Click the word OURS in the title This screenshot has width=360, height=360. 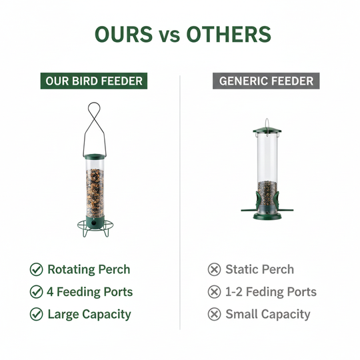pyautogui.click(x=123, y=35)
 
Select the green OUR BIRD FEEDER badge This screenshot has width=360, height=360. pyautogui.click(x=93, y=81)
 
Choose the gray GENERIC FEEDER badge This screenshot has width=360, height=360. pyautogui.click(x=267, y=81)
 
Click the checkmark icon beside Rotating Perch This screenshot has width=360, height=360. pyautogui.click(x=36, y=270)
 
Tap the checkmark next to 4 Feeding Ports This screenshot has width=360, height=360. pyautogui.click(x=36, y=292)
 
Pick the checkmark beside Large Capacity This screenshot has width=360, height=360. pyautogui.click(x=36, y=314)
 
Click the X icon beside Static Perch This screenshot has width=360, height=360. pyautogui.click(x=214, y=270)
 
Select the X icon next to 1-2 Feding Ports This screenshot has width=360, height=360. pyautogui.click(x=214, y=292)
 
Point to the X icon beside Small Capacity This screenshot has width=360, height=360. pyautogui.click(x=214, y=314)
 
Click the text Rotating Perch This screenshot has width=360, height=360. pyautogui.click(x=89, y=270)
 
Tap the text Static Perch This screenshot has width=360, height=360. pyautogui.click(x=259, y=270)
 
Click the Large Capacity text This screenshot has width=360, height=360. pyautogui.click(x=89, y=314)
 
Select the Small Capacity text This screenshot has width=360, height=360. pyautogui.click(x=268, y=314)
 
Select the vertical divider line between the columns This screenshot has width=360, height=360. pyautogui.click(x=180, y=200)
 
